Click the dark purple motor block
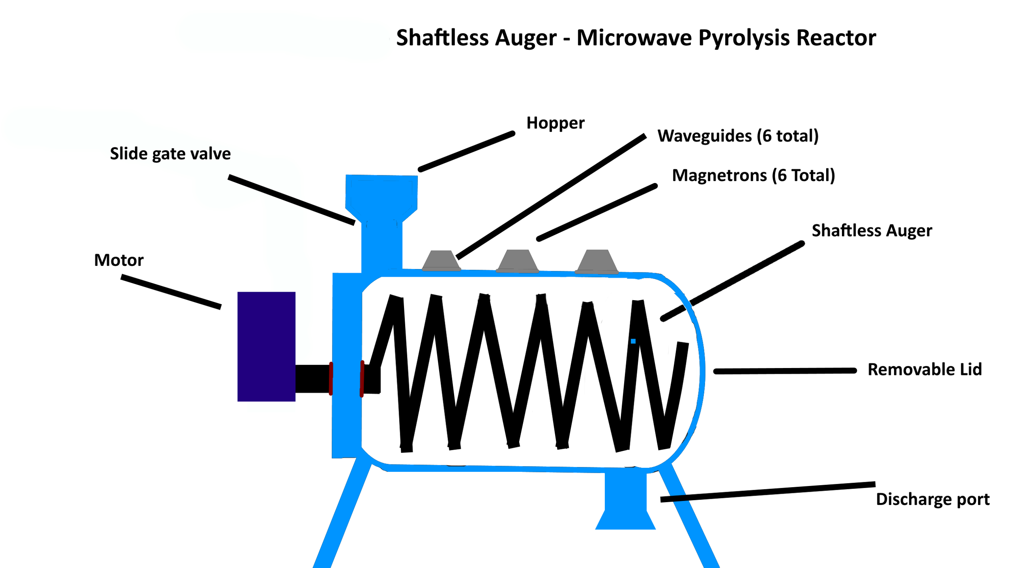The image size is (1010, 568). [x=266, y=346]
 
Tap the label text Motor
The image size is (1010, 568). [x=119, y=260]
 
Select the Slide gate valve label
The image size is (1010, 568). [x=170, y=154]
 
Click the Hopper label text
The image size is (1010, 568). [x=555, y=123]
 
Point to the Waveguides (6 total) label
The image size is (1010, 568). [x=738, y=136]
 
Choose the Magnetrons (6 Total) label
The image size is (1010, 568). [x=753, y=175]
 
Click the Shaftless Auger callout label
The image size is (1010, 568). [x=872, y=231]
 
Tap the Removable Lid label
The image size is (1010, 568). [x=924, y=370]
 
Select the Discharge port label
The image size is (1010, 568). [x=932, y=499]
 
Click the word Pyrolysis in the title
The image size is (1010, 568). [x=744, y=38]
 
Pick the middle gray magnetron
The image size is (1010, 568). [x=517, y=261]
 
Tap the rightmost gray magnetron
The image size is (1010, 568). [x=597, y=261]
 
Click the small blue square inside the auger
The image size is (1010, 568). [x=633, y=341]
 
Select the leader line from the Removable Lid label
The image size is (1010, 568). [x=785, y=371]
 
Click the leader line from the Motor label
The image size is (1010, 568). [x=171, y=292]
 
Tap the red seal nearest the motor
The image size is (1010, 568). [x=331, y=379]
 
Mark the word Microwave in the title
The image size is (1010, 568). [x=634, y=38]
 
